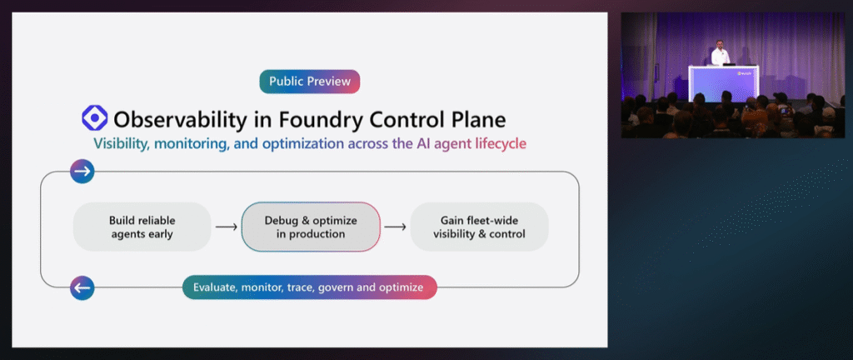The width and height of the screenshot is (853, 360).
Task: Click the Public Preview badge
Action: tap(310, 82)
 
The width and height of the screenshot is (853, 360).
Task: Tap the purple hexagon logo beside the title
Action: tap(95, 118)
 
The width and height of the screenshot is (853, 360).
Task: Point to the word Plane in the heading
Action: tap(476, 118)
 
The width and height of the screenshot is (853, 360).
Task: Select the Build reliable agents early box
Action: tap(142, 227)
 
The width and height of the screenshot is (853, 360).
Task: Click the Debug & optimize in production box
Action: tap(311, 227)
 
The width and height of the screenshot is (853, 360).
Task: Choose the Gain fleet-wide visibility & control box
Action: tap(479, 227)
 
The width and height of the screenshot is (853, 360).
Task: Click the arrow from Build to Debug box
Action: tap(227, 227)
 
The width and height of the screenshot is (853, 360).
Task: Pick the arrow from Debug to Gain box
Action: tap(396, 227)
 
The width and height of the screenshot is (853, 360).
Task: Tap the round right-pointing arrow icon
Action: tap(82, 172)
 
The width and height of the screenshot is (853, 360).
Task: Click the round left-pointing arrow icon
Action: tap(82, 287)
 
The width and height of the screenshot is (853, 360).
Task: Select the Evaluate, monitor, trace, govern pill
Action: tap(310, 287)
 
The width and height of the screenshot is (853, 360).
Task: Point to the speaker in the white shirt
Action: tap(721, 53)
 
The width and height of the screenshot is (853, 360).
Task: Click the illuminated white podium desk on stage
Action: tap(724, 82)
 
